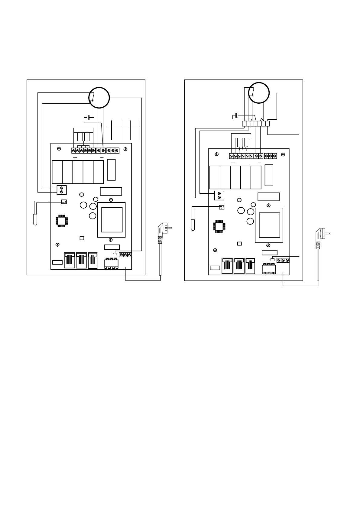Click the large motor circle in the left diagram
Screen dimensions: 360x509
coord(99,97)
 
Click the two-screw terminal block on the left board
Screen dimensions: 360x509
coord(62,190)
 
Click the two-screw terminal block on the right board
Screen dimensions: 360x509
coord(219,195)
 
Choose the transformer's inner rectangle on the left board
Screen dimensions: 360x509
coord(112,220)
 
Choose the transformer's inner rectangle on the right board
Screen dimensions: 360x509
coord(270,225)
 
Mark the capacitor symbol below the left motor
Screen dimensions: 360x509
coord(87,118)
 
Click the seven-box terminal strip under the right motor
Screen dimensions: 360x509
coord(255,123)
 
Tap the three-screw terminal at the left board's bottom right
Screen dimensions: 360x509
coord(125,255)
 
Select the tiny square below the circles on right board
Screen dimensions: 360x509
coord(239,244)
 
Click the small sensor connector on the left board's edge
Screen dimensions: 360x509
coord(64,202)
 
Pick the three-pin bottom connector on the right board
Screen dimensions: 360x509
coord(269,268)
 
